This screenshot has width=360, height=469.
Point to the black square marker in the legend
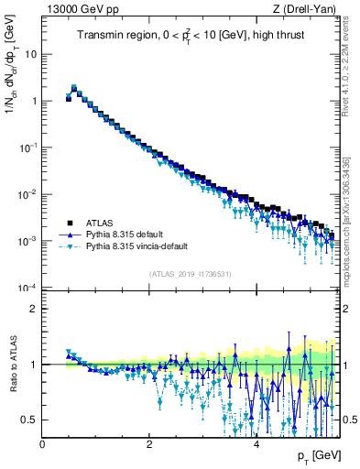click(69, 223)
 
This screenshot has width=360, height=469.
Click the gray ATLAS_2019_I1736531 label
click(190, 274)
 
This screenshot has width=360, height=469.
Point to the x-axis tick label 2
click(149, 444)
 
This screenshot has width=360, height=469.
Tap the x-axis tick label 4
click(256, 444)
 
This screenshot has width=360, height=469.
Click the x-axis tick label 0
click(42, 444)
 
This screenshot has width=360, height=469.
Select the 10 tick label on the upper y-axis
click(30, 53)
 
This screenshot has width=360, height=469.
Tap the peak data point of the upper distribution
click(74, 89)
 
